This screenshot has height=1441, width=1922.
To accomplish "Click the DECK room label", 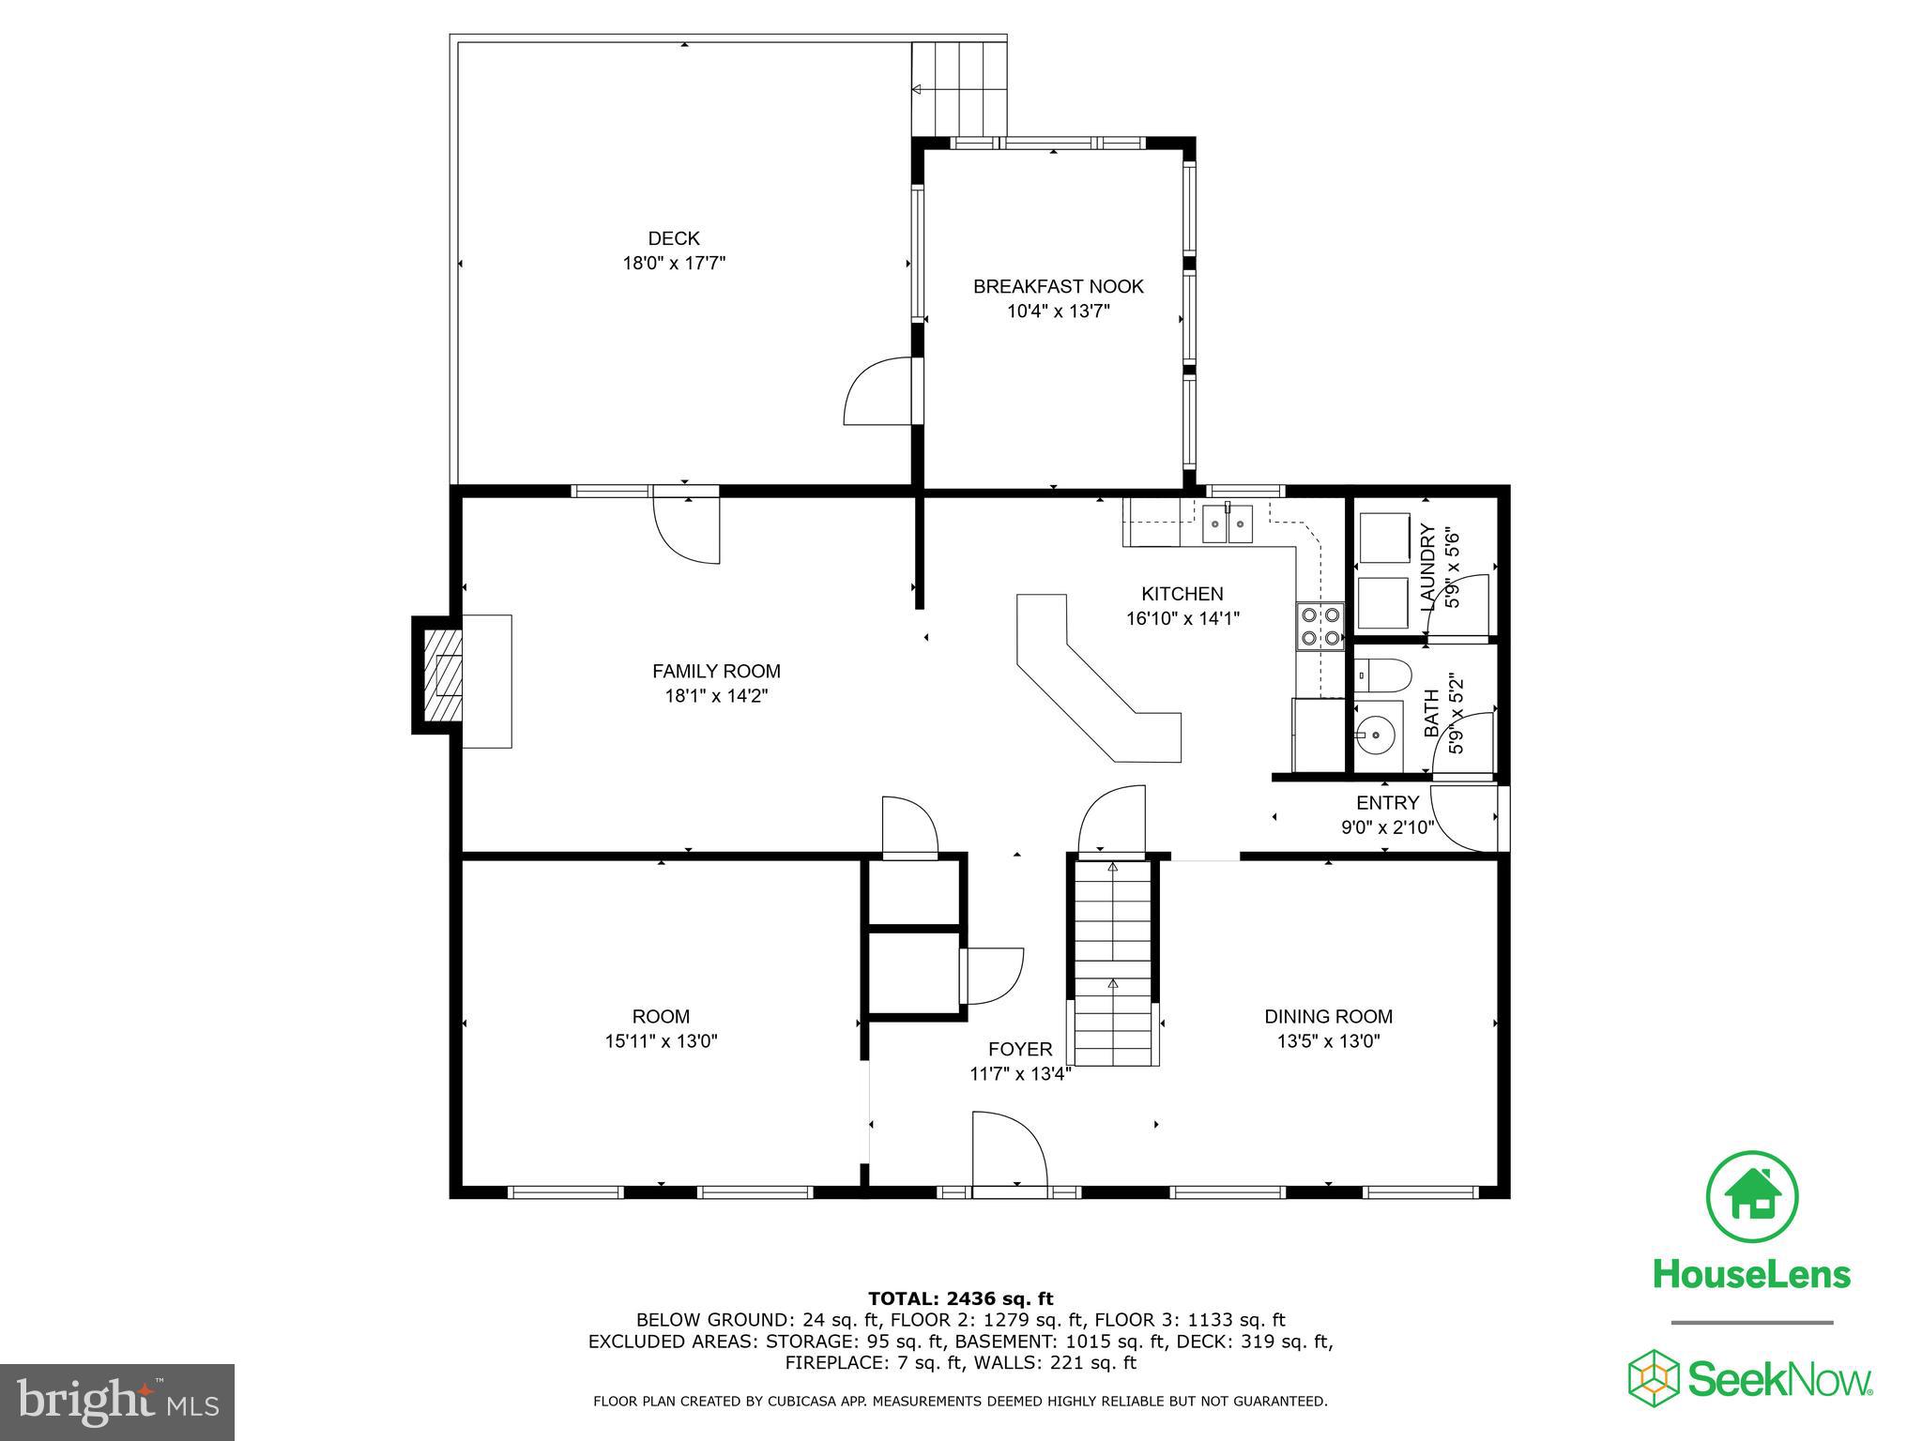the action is (x=674, y=238).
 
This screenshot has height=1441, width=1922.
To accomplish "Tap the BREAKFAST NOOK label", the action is (x=1059, y=286).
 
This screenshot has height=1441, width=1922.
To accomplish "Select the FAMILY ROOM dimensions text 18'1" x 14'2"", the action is (x=716, y=696).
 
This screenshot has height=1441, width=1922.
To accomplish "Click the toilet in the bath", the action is (x=1382, y=674).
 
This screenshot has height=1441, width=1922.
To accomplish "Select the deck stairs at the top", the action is (x=959, y=88).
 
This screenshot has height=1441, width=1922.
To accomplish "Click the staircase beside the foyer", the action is (x=1112, y=963).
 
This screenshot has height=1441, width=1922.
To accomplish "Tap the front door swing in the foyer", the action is (x=1010, y=1152).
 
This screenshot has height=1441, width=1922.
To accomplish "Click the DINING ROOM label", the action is (x=1328, y=1016).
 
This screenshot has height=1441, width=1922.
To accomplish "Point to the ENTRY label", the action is (x=1387, y=803).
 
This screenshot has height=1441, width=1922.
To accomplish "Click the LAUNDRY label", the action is (x=1428, y=568).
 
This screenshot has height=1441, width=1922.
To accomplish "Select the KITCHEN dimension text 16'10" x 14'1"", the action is (x=1182, y=618).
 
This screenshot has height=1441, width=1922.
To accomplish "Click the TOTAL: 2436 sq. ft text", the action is (x=961, y=1299).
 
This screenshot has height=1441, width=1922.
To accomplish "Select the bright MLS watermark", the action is (x=117, y=1403).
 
